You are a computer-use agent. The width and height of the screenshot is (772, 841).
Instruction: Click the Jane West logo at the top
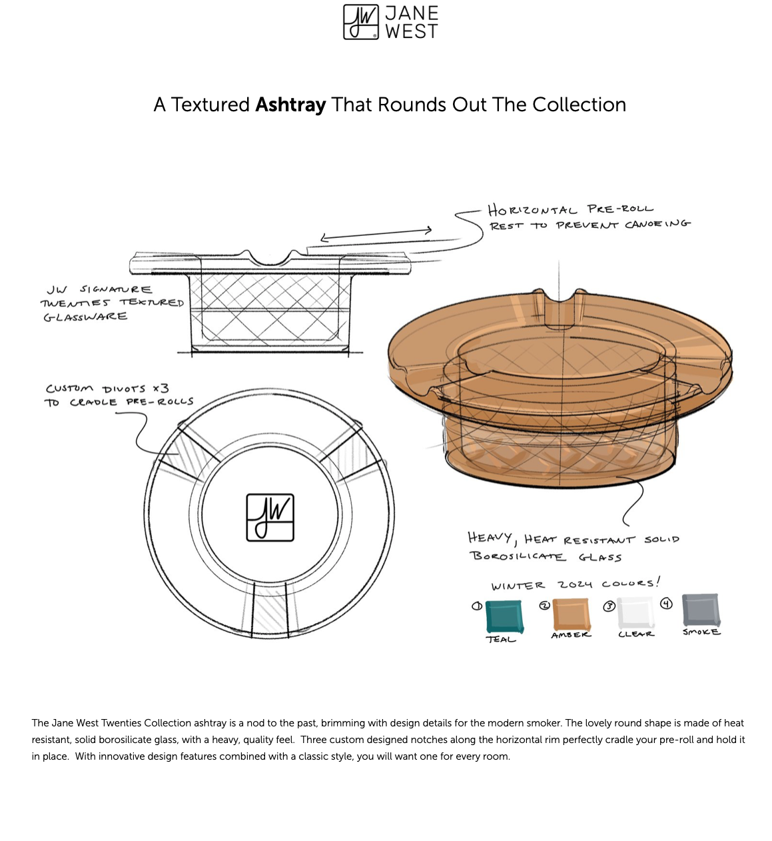390,22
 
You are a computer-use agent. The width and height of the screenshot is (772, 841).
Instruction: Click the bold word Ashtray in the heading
290,105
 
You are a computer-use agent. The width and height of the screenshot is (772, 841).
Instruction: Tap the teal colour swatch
504,616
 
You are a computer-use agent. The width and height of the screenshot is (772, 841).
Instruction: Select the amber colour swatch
571,614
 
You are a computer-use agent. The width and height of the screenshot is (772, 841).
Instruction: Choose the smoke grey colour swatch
701,609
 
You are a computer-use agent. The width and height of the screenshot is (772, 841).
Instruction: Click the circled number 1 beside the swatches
476,606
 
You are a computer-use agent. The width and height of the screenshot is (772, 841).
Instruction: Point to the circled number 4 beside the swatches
666,604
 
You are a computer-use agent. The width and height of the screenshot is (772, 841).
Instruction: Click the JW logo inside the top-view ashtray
270,517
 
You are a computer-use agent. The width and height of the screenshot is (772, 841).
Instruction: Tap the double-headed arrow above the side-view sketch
376,234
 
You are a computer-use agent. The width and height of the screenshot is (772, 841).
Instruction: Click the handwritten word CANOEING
657,224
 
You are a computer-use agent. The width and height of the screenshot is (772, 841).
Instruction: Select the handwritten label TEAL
501,640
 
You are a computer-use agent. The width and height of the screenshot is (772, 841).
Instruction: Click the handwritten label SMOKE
701,632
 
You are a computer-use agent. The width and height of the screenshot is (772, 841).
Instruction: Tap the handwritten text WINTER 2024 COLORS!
576,584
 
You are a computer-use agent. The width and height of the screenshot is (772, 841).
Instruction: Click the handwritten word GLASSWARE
86,317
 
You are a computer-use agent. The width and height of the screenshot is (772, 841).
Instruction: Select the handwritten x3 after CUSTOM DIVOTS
161,388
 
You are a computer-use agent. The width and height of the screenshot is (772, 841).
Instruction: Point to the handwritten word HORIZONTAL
532,211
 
